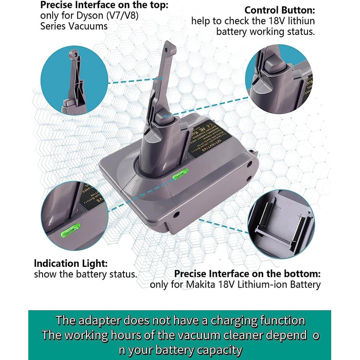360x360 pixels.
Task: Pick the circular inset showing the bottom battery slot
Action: (x=281, y=222)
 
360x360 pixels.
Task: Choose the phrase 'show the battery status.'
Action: (x=85, y=274)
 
